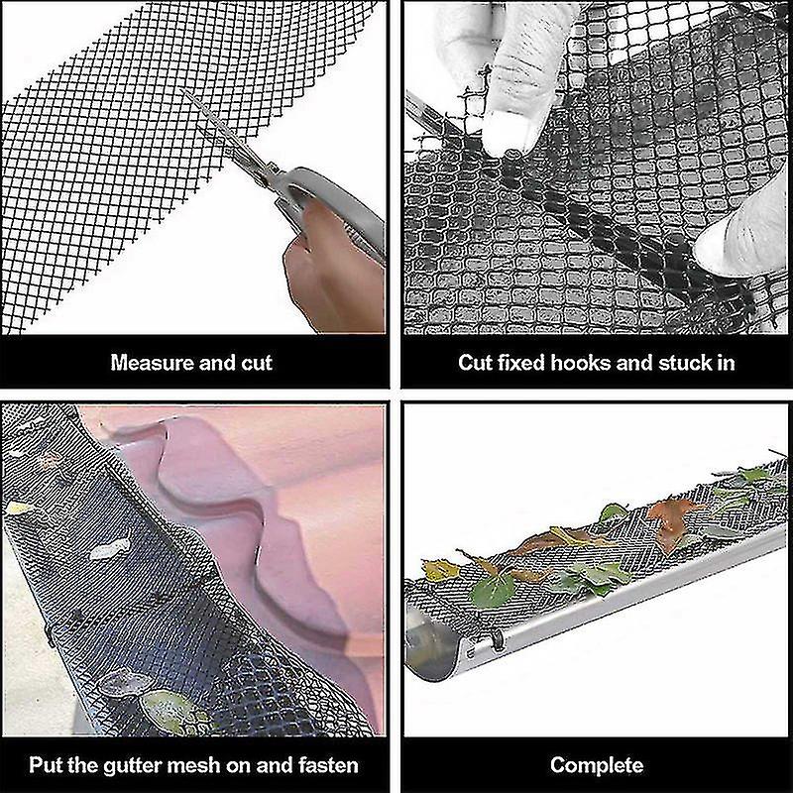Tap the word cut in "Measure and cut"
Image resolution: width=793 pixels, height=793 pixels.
coord(256,363)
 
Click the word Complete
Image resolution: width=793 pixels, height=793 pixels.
coord(597,765)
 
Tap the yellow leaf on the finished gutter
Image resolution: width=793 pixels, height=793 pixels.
coord(441,571)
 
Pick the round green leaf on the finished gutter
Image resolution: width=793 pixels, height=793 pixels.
coord(492,591)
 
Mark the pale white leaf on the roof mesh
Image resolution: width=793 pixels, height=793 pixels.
coord(110,549)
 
